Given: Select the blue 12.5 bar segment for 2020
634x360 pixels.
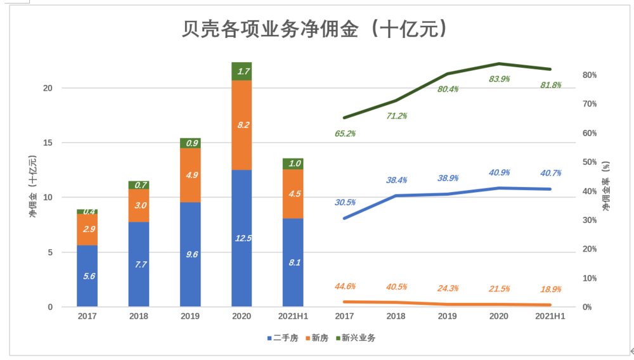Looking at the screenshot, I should [242, 238].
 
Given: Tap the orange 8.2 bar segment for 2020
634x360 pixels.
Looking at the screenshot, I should [242, 125].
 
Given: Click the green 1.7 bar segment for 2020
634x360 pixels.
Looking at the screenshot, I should [242, 72].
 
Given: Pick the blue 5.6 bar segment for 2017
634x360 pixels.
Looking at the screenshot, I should [87, 276].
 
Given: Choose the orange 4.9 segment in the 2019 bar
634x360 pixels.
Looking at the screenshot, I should [190, 175].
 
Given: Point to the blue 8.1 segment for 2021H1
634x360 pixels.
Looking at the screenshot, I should [293, 262].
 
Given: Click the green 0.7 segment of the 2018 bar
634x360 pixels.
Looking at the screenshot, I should [138, 185].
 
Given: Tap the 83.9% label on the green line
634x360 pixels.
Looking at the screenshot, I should [499, 79].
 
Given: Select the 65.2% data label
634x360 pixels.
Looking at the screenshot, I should [345, 134].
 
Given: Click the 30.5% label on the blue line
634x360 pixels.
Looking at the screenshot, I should [345, 202].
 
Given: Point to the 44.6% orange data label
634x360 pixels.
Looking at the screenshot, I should [345, 286].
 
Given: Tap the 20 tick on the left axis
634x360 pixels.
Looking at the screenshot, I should [65, 88].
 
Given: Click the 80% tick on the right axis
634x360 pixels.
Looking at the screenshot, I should [589, 75].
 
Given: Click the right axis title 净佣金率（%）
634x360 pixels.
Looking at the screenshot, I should [605, 186].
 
